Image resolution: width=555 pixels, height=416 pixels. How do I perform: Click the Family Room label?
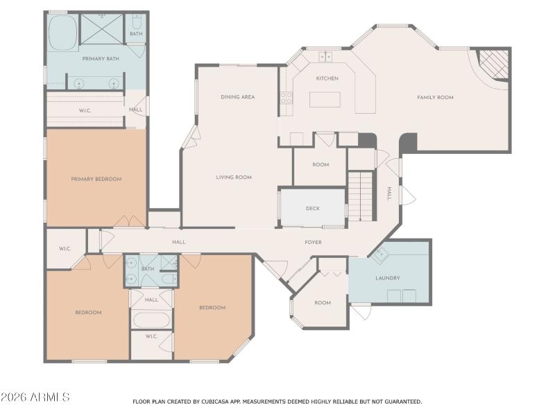(435, 98)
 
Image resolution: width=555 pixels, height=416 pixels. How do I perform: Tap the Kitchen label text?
(327, 78)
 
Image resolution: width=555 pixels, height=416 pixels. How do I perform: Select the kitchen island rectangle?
(326, 99)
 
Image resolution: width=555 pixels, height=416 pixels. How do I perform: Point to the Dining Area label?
(237, 97)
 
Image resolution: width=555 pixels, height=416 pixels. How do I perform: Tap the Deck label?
(312, 208)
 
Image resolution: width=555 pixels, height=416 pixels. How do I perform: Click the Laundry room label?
(387, 279)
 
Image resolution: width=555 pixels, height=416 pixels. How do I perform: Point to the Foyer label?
(313, 242)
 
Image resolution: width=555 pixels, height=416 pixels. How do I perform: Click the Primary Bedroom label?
(96, 179)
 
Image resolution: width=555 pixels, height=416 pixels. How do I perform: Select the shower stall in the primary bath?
(101, 29)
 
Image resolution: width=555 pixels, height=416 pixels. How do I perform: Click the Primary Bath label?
(101, 59)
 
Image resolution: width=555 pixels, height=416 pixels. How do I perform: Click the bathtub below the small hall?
(151, 321)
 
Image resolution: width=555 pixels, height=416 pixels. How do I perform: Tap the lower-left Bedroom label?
(88, 313)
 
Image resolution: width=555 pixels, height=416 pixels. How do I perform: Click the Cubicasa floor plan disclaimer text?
(277, 401)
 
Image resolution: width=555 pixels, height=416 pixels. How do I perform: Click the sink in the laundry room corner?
(380, 255)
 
